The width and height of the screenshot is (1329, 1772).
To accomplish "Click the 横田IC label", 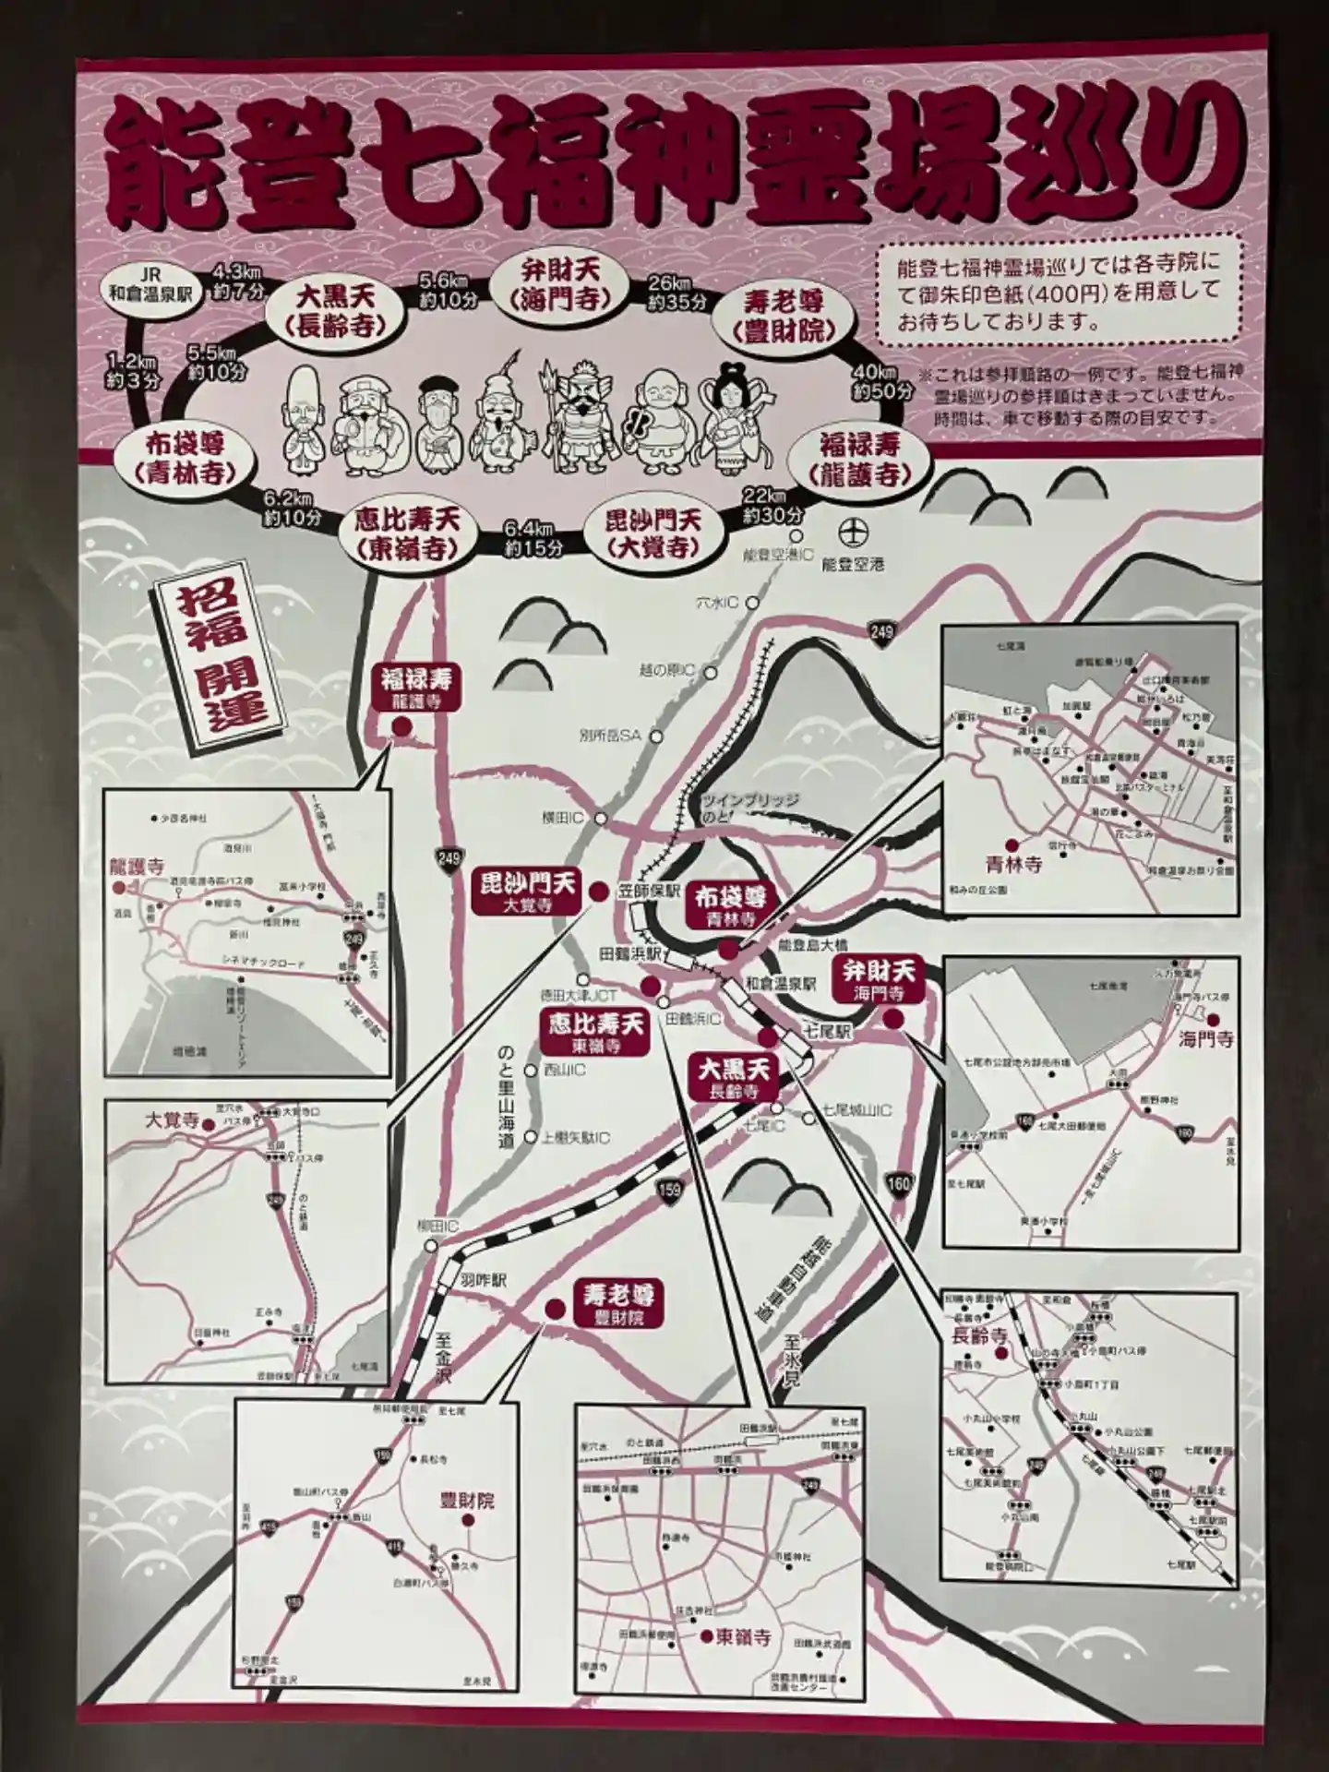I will [566, 819].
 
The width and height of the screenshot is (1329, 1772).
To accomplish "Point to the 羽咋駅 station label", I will [481, 1281].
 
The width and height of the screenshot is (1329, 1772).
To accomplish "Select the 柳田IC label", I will [437, 1226].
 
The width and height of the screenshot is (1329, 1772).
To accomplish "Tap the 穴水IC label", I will [718, 603].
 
